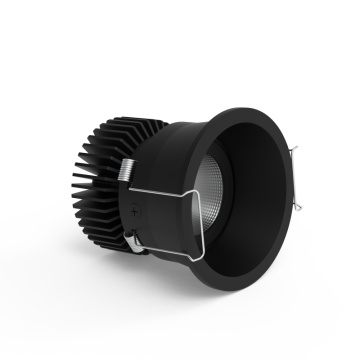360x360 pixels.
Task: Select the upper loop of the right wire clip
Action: (x=294, y=153)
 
